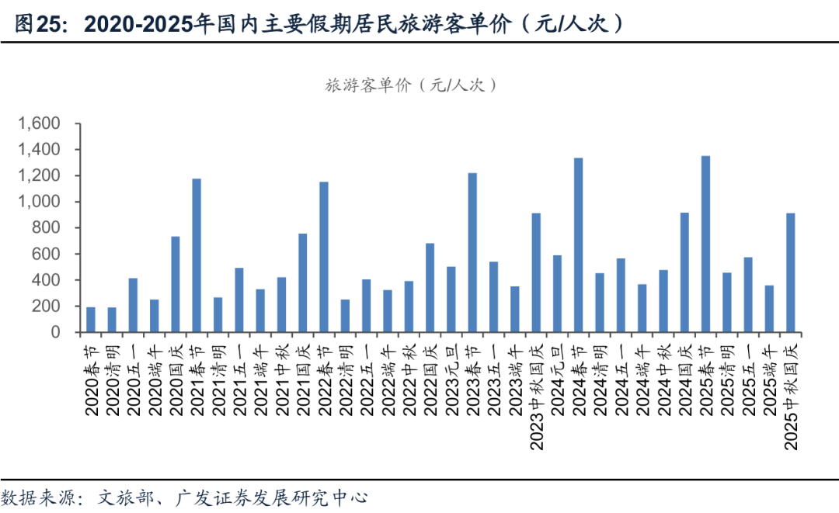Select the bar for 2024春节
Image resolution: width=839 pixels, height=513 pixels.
point(578,245)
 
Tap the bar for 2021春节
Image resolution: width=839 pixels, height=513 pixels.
point(197,255)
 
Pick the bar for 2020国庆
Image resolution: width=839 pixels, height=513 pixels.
point(176,284)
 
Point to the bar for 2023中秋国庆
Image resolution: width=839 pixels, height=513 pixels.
point(536,272)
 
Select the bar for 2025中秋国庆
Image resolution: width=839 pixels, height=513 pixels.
point(791,272)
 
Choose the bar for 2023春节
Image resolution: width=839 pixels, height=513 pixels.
point(472,252)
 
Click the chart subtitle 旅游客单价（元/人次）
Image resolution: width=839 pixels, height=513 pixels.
point(410,85)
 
